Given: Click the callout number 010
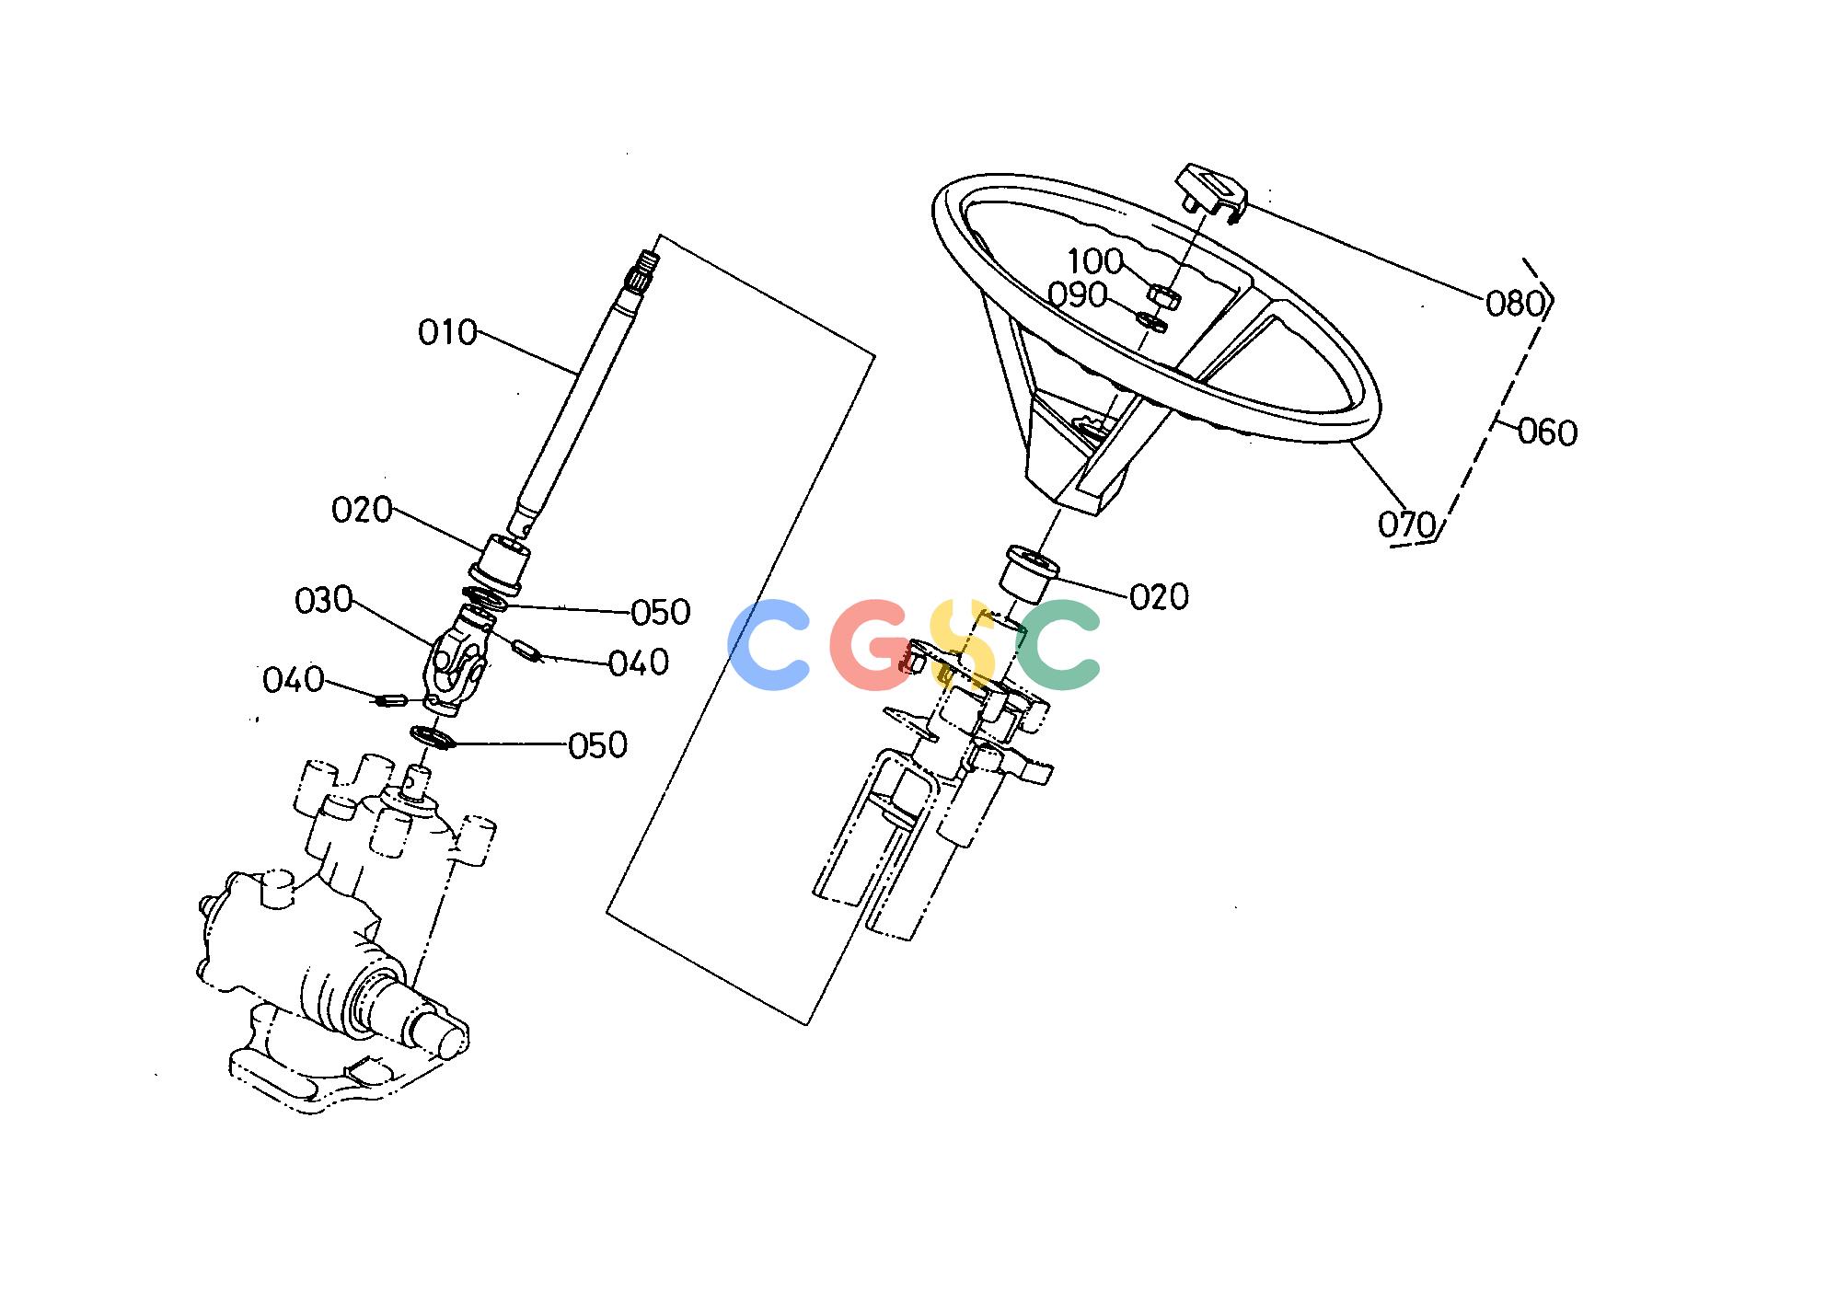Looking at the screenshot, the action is tap(448, 332).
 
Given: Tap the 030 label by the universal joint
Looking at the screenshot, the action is tap(324, 601).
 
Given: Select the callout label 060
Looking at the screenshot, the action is tap(1547, 432).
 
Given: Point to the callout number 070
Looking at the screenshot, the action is tap(1407, 524).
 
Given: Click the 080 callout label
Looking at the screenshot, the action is tap(1515, 303).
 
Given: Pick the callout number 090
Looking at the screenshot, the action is tap(1078, 295).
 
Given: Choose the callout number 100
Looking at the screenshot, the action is tap(1095, 261).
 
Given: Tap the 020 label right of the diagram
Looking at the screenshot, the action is tap(1160, 598).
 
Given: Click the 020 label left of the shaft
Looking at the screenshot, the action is tap(362, 510).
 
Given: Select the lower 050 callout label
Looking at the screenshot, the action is tap(598, 745).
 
